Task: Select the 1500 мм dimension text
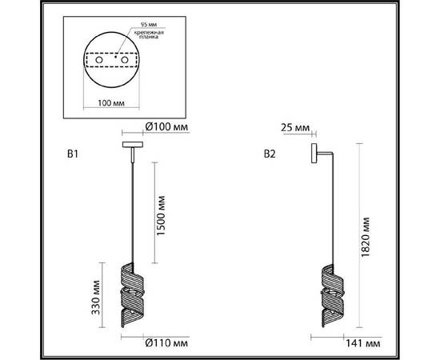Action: click(x=161, y=214)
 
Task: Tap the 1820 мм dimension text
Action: click(x=366, y=237)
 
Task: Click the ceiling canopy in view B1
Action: click(x=130, y=145)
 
